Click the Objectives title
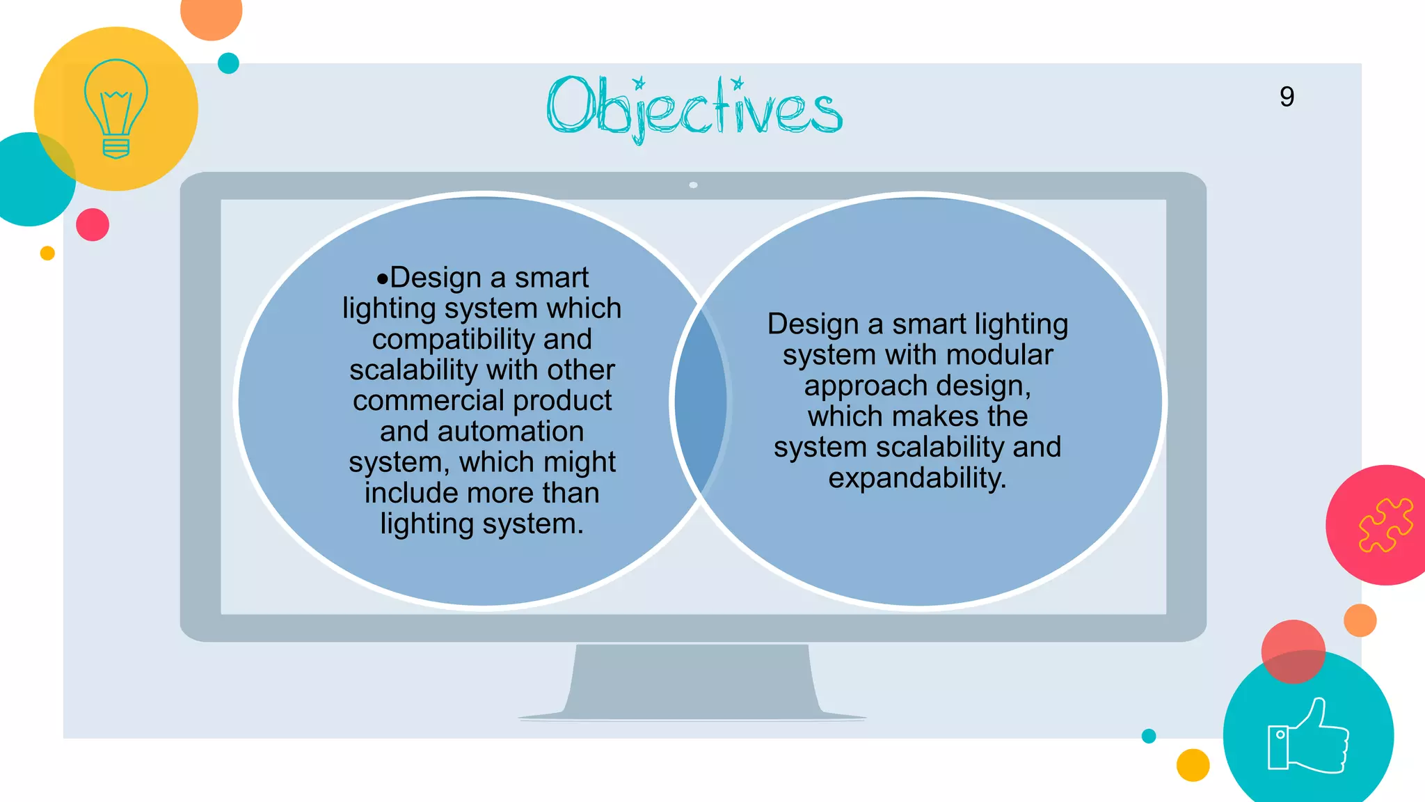click(694, 108)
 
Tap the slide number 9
click(1287, 97)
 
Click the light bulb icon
click(116, 109)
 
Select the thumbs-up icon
click(1307, 737)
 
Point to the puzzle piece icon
click(1385, 525)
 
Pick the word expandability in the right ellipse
click(917, 478)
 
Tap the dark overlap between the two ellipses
click(701, 402)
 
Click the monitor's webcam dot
click(693, 185)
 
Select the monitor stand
click(692, 682)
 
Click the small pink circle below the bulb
click(93, 225)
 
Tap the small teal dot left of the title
click(228, 63)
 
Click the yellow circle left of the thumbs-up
click(1193, 765)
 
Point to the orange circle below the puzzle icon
click(1360, 620)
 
